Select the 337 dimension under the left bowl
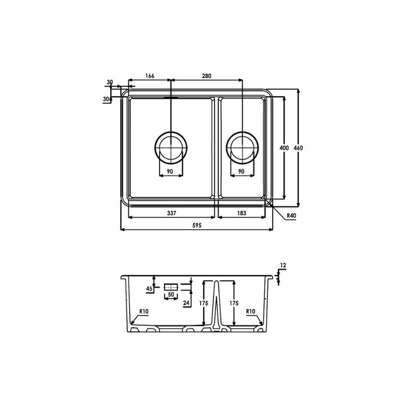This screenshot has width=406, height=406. coord(172,213)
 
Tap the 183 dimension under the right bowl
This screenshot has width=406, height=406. coord(242,213)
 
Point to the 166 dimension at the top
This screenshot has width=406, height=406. coord(150,76)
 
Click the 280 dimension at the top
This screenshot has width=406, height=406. coord(207,76)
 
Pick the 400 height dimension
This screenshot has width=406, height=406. coord(284,148)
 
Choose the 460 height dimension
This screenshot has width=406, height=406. coord(298,148)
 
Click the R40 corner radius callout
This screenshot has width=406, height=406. coord(292,216)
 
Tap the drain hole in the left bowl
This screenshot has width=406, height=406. coord(170,146)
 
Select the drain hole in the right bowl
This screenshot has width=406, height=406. coord(242,146)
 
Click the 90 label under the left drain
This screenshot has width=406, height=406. coord(171,172)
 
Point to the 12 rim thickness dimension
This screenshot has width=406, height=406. coord(282,266)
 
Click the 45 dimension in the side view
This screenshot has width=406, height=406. coord(149,288)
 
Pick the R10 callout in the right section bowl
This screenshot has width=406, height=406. coord(251,312)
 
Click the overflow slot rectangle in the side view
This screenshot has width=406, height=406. coord(171,287)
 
